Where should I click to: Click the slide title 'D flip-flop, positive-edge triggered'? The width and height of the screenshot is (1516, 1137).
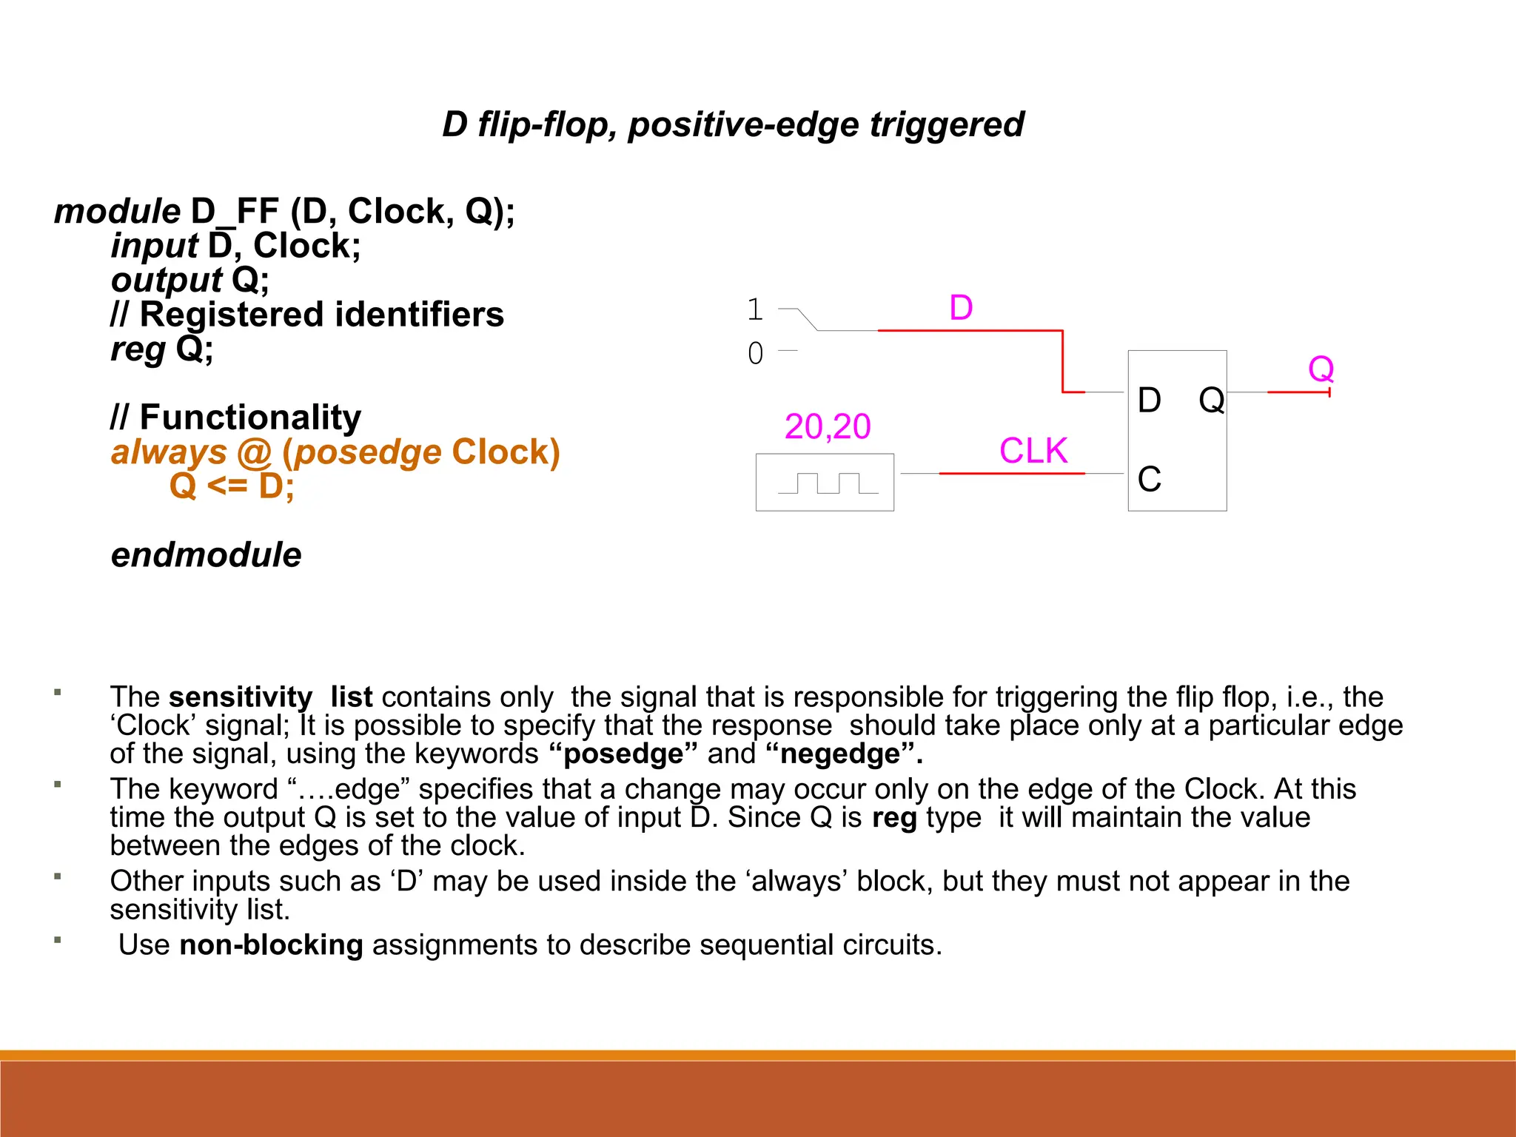(733, 124)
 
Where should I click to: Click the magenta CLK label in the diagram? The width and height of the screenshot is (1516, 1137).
(1033, 451)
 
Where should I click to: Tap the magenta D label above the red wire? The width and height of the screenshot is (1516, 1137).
(961, 307)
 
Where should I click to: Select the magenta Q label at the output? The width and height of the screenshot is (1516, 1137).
(1321, 368)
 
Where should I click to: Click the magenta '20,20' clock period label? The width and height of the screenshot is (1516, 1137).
(828, 426)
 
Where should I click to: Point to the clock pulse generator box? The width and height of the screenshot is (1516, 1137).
(825, 483)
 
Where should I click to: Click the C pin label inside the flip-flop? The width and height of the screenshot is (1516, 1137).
(1149, 479)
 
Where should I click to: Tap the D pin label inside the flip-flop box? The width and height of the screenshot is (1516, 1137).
(1149, 400)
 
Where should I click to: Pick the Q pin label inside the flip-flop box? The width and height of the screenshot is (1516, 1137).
(1211, 400)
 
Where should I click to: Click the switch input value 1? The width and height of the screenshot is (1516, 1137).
(755, 309)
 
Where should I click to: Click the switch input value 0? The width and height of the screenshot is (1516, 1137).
(755, 353)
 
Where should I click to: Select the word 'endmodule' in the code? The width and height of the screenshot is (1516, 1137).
(207, 555)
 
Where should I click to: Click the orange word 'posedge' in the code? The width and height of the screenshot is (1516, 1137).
(367, 452)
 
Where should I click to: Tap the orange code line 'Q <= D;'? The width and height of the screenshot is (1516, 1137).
(232, 486)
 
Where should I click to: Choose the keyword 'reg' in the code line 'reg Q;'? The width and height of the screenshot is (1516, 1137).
(138, 349)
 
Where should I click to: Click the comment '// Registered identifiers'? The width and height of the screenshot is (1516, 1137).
(307, 315)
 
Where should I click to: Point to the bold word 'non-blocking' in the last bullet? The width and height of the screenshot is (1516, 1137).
(271, 945)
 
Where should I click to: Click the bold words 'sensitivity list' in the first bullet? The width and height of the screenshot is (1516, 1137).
(270, 697)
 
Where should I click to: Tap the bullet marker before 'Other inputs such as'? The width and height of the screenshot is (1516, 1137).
(57, 877)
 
